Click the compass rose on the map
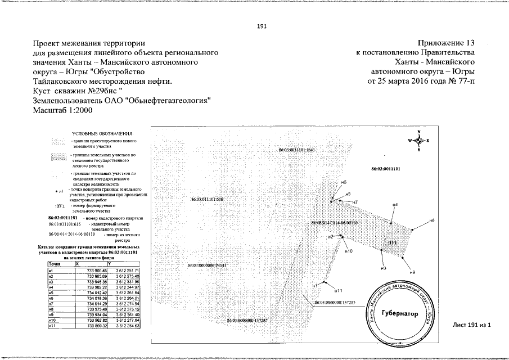pyautogui.click(x=419, y=141)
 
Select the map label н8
pyautogui.click(x=432, y=220)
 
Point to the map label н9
pyautogui.click(x=412, y=272)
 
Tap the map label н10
pyautogui.click(x=348, y=251)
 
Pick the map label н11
pyautogui.click(x=338, y=290)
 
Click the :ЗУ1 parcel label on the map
pyautogui.click(x=392, y=243)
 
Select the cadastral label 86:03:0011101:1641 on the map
pyautogui.click(x=299, y=150)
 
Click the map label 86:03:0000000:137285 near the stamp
pyautogui.click(x=337, y=302)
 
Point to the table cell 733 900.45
pyautogui.click(x=94, y=271)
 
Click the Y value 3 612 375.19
pyautogui.click(x=126, y=308)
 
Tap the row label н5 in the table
pyautogui.click(x=51, y=292)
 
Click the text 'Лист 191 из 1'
pyautogui.click(x=472, y=325)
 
